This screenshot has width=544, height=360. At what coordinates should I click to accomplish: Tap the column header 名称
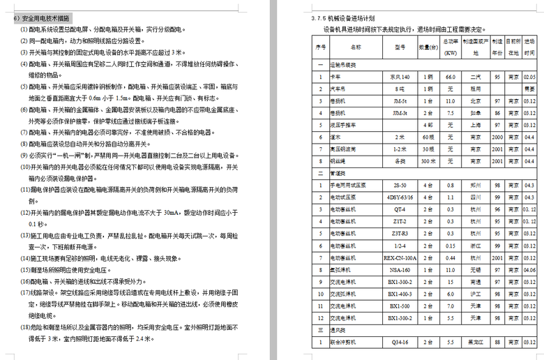(x=356, y=47)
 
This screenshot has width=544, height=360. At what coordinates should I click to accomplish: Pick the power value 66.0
(x=451, y=77)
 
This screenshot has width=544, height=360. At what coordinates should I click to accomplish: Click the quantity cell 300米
(x=428, y=160)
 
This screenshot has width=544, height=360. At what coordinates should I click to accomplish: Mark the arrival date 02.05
(x=529, y=77)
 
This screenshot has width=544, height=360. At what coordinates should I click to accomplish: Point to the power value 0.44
(x=451, y=257)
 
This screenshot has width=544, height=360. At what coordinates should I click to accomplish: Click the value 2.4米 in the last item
(x=143, y=339)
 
